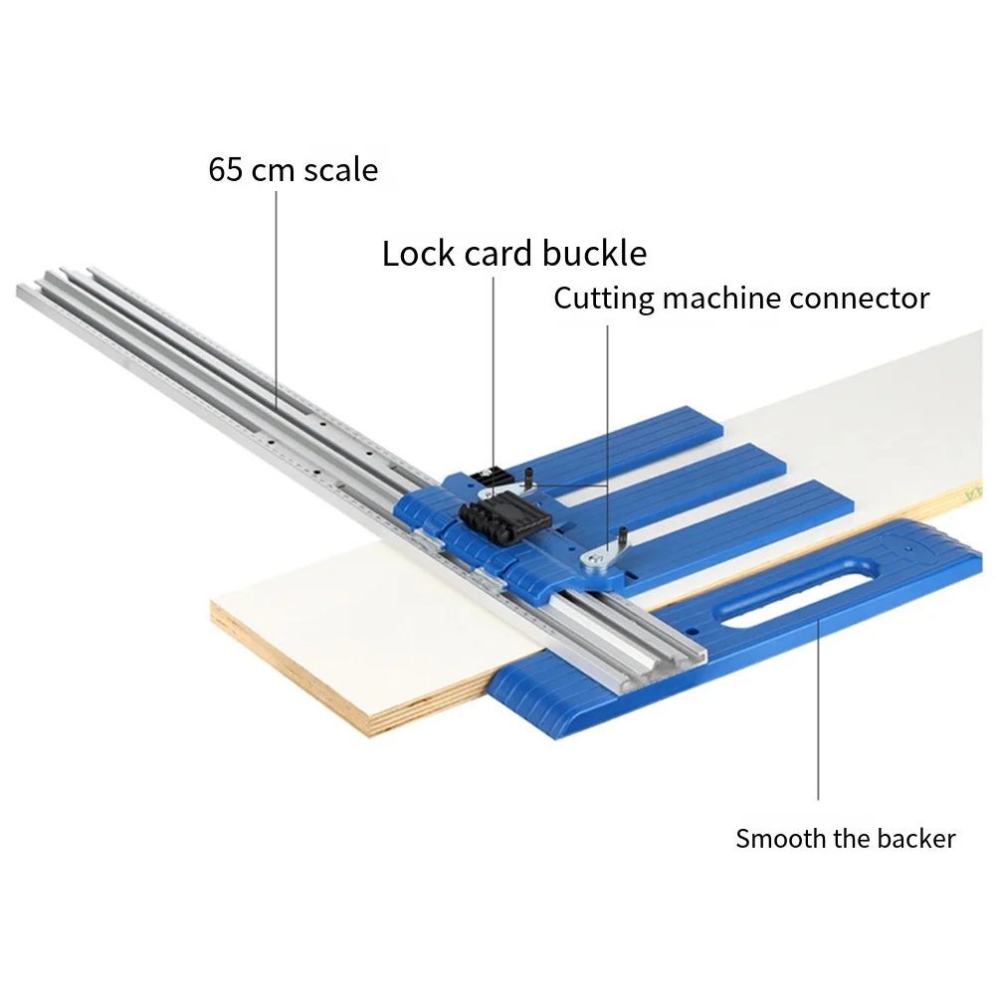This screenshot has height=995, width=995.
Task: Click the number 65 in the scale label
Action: (x=226, y=169)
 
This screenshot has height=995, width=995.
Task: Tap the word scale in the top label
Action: (x=341, y=169)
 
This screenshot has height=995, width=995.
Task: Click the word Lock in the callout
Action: (x=419, y=254)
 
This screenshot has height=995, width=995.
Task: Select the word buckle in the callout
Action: (x=595, y=254)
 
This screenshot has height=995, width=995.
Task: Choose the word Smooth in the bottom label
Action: (x=780, y=839)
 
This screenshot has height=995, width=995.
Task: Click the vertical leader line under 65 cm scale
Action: (x=277, y=298)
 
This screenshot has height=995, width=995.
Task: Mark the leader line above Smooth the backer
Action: (x=818, y=716)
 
